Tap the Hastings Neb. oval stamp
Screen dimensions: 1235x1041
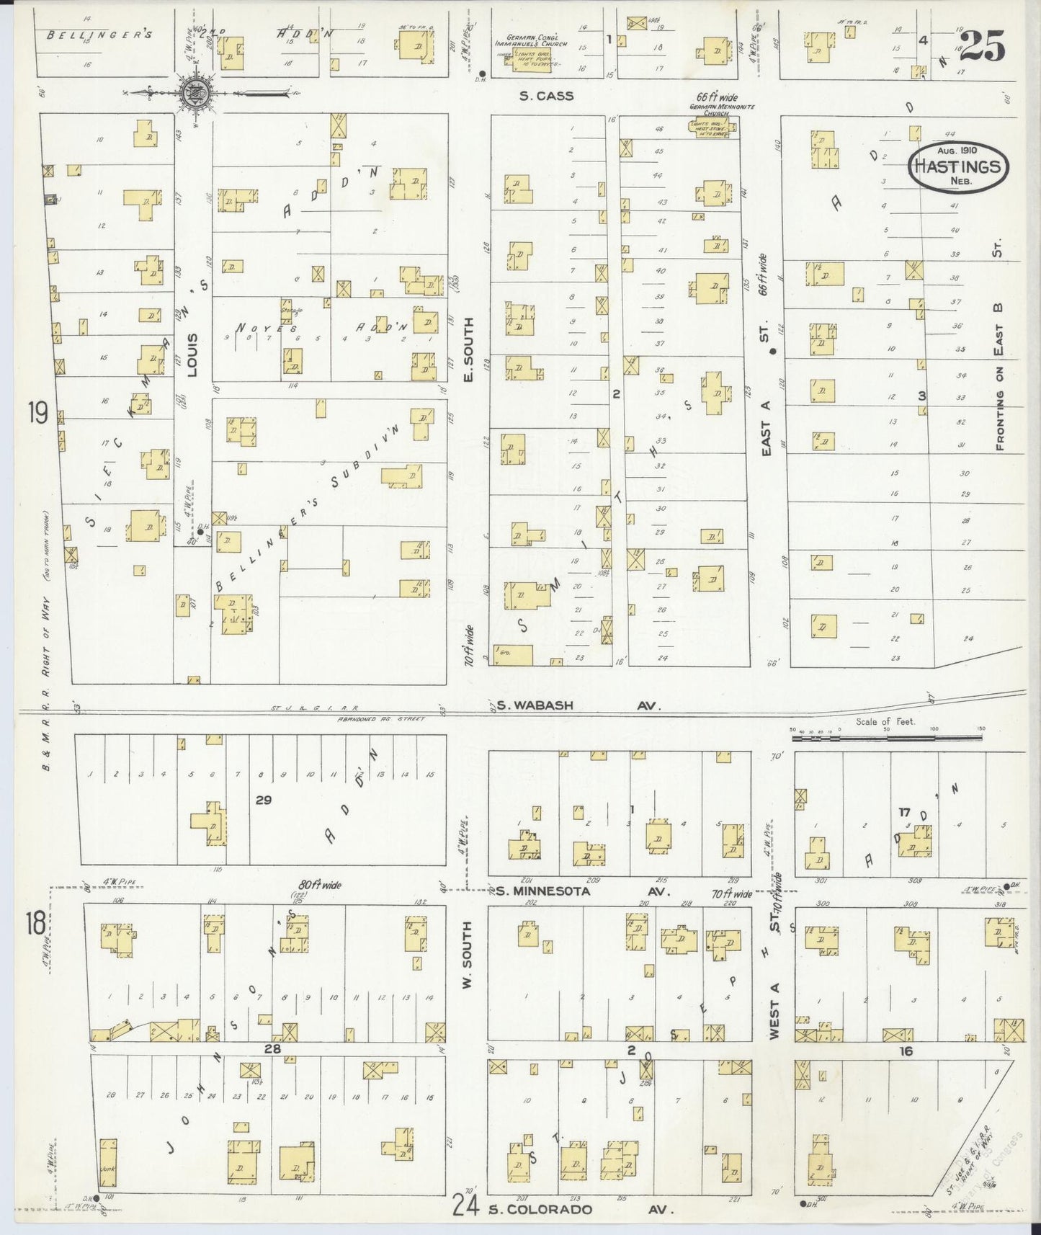tap(958, 166)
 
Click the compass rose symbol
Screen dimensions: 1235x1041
tap(193, 93)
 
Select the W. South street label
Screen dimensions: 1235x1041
tap(467, 955)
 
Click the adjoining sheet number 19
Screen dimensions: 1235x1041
tap(37, 414)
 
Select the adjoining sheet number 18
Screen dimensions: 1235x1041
tap(36, 923)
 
